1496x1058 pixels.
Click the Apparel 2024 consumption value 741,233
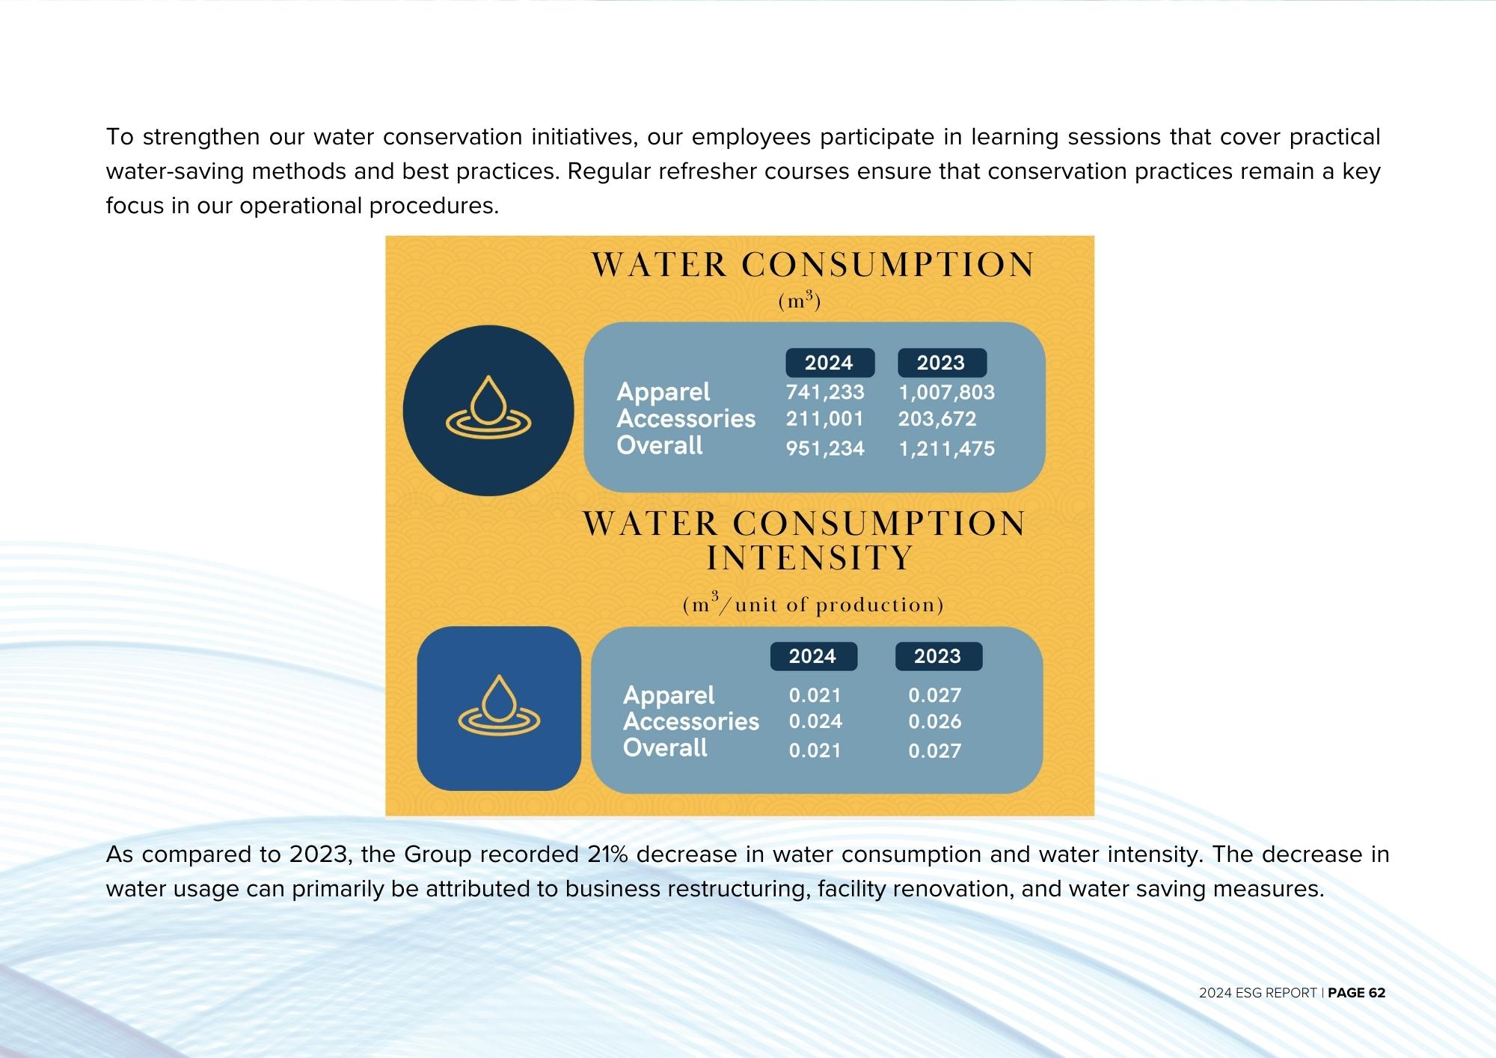tap(824, 392)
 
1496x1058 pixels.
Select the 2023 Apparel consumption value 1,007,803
tap(946, 392)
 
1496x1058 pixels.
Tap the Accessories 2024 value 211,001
tap(824, 418)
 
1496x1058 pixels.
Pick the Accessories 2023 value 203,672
tap(937, 418)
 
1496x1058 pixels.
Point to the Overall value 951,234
tap(825, 448)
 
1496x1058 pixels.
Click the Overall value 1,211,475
tap(946, 448)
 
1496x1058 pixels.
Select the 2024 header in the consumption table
tap(830, 363)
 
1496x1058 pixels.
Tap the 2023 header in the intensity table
tap(938, 656)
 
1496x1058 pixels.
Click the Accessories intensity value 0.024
tap(815, 721)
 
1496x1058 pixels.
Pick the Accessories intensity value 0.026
tap(935, 721)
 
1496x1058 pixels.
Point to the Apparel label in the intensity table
tap(669, 695)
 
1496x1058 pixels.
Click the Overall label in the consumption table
tap(660, 445)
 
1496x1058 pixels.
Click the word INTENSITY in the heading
tap(809, 558)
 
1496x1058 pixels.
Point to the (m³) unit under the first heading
tap(800, 301)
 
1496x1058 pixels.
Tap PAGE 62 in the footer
tap(1357, 993)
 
